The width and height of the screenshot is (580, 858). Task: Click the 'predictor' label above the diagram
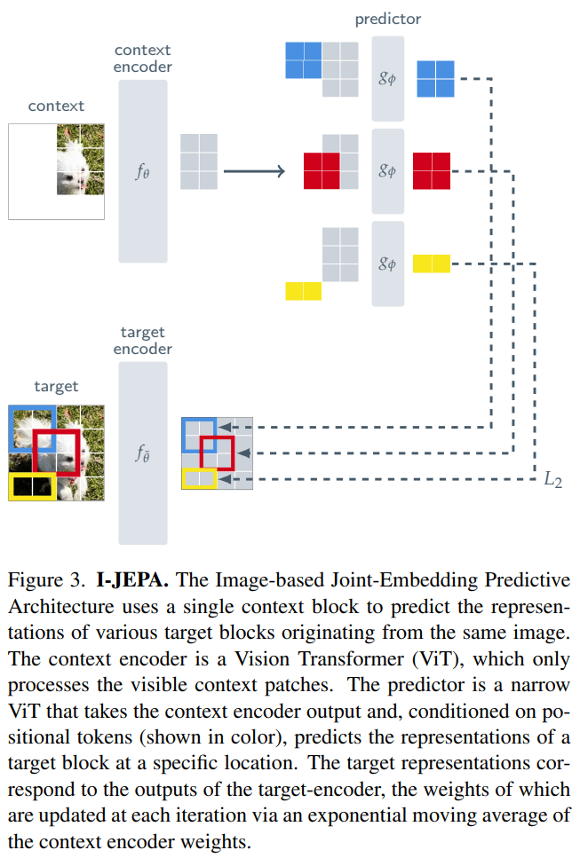[388, 20]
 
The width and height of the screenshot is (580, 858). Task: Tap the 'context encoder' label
[142, 59]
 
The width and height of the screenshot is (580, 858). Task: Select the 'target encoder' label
[142, 341]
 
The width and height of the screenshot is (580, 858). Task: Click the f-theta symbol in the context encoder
[142, 172]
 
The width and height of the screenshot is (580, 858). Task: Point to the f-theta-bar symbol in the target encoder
[142, 453]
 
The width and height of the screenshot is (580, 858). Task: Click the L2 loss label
[552, 480]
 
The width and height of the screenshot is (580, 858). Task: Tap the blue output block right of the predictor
[435, 79]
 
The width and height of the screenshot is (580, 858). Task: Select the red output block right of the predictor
[432, 171]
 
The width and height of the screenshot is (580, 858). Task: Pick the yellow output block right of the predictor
[432, 264]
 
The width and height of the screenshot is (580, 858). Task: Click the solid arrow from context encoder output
[254, 171]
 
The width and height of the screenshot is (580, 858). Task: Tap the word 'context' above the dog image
[57, 106]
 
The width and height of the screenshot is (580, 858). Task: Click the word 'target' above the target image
[57, 387]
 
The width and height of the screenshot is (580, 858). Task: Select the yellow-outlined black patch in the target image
[33, 486]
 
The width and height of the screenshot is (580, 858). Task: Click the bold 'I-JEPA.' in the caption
[132, 580]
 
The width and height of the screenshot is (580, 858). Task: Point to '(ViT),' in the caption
[439, 659]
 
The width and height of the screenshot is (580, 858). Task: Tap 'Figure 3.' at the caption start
[46, 580]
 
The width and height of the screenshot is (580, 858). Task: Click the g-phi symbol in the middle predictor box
[386, 170]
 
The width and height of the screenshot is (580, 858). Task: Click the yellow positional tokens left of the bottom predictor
[304, 291]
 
